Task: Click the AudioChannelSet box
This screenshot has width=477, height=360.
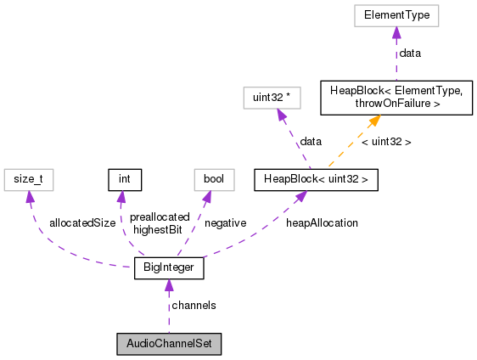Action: (169, 345)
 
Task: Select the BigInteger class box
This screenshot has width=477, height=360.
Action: (169, 269)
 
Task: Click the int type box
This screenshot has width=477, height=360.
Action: (123, 179)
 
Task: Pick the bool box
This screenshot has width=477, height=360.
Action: (208, 179)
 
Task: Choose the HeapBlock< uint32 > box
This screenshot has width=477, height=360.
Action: (316, 179)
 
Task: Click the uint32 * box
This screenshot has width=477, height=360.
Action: (272, 98)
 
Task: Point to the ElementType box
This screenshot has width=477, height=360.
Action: (396, 15)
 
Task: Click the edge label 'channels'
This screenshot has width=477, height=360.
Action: (194, 305)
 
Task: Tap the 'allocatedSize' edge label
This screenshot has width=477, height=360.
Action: (82, 222)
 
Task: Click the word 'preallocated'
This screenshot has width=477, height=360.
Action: (160, 217)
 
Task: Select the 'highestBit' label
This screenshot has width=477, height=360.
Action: (156, 229)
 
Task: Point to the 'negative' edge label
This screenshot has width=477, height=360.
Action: (226, 222)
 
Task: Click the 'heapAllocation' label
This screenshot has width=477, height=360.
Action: (322, 222)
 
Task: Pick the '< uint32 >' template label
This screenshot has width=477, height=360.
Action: (386, 142)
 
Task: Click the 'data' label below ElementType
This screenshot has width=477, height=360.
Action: (410, 53)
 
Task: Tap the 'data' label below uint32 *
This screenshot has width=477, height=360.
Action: (310, 142)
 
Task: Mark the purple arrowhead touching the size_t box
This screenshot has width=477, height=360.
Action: (31, 196)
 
